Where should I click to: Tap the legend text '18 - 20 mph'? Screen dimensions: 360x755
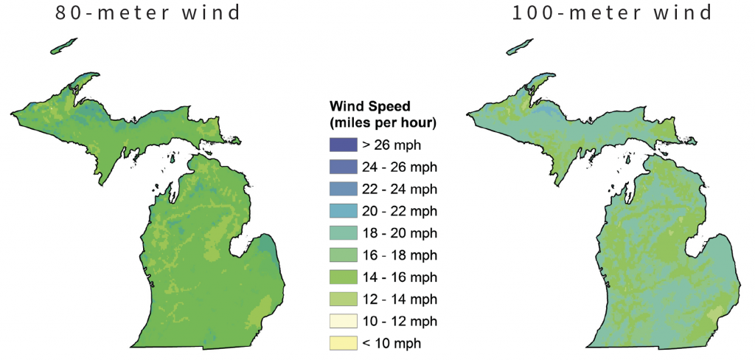[x=397, y=233]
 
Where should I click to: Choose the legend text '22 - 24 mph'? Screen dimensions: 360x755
[x=397, y=189]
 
